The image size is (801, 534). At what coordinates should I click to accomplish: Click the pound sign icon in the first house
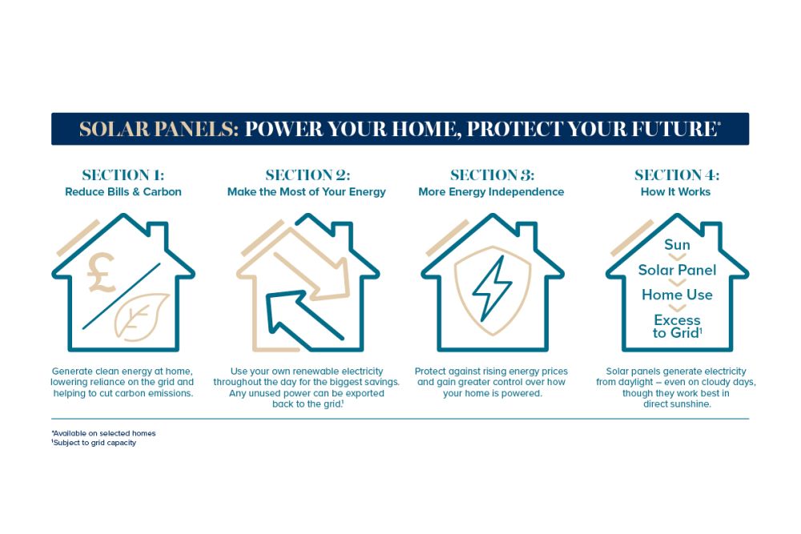pos(101,273)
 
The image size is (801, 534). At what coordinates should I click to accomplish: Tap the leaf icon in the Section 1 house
pos(141,316)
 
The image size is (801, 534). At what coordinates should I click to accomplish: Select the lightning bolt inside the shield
pos(492,288)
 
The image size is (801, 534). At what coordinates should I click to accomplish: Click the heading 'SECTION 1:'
pos(123,175)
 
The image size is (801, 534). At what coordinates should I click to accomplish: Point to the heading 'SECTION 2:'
pos(308,175)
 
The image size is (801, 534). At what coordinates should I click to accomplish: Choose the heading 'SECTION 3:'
pos(492,175)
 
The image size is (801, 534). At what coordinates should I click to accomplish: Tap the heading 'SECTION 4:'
pos(677,175)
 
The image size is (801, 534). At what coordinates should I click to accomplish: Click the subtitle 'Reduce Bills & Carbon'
pos(123,192)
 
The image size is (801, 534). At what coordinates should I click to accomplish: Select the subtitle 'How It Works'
pos(675,192)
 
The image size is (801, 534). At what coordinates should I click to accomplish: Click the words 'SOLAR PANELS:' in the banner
pos(159,129)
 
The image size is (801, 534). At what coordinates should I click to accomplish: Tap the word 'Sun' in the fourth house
pos(677,244)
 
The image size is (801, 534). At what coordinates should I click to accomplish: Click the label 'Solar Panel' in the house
pos(677,270)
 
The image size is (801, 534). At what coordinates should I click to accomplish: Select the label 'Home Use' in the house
pos(677,295)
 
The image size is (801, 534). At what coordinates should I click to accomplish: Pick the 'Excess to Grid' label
pos(677,326)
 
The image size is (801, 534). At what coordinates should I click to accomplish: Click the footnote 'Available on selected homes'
pos(103,433)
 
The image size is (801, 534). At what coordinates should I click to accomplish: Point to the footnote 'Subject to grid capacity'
pos(94,443)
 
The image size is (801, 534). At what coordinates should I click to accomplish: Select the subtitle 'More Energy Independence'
pos(491,192)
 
